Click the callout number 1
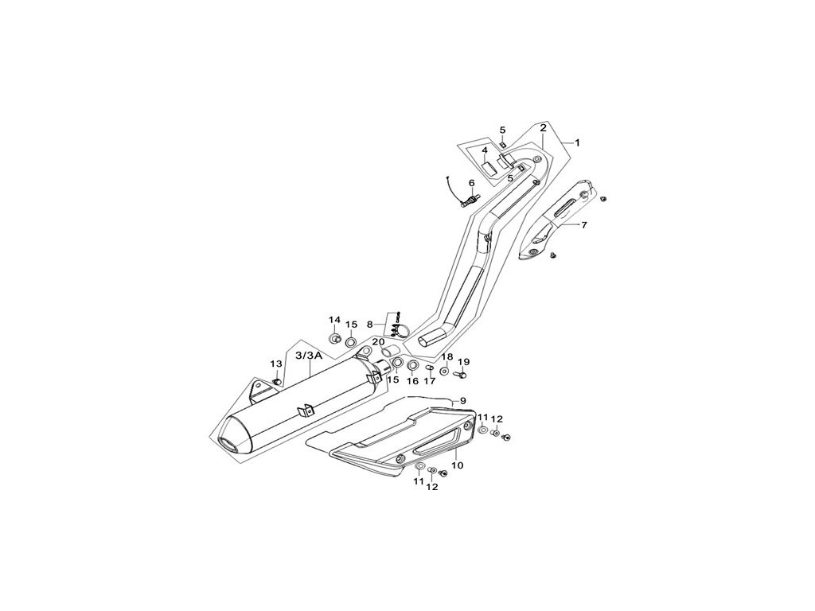pyautogui.click(x=577, y=143)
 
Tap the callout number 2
pyautogui.click(x=543, y=127)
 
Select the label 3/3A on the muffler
pyautogui.click(x=308, y=356)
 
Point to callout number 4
pyautogui.click(x=484, y=150)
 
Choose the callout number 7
pyautogui.click(x=583, y=225)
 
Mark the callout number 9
pyautogui.click(x=462, y=399)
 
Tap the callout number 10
pyautogui.click(x=457, y=465)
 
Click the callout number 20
pyautogui.click(x=378, y=342)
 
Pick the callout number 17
pyautogui.click(x=430, y=381)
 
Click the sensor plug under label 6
pyautogui.click(x=470, y=200)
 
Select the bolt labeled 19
pyautogui.click(x=461, y=372)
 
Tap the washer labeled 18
pyautogui.click(x=444, y=371)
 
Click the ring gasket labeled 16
pyautogui.click(x=413, y=366)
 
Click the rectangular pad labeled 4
pyautogui.click(x=484, y=169)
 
